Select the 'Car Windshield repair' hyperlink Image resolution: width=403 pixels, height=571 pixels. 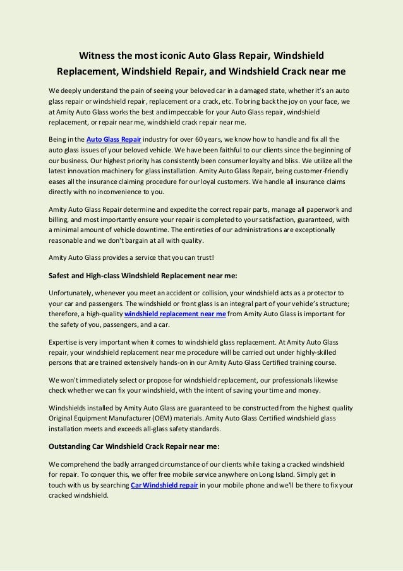165,484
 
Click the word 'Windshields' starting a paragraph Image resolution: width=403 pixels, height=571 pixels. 70,407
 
